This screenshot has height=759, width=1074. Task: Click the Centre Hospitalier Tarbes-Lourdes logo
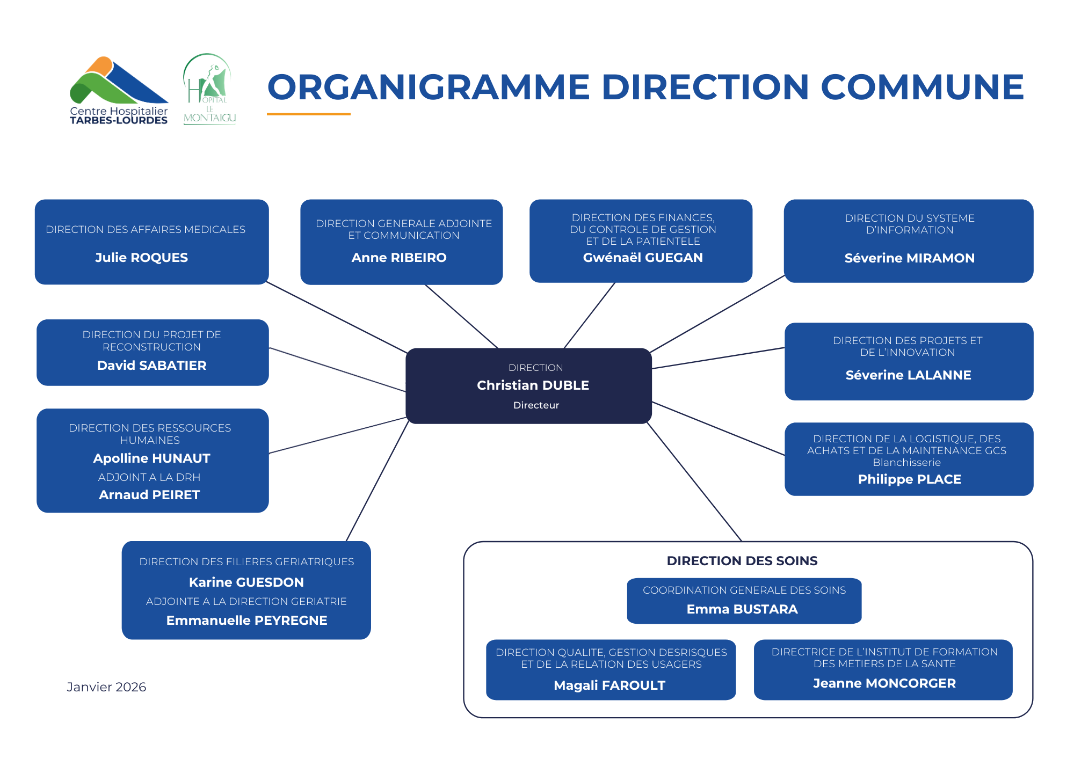119,90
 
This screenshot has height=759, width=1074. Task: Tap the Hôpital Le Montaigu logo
209,89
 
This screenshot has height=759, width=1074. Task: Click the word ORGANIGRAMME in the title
429,87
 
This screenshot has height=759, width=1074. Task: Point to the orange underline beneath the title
309,114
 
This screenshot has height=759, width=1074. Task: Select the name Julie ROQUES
142,258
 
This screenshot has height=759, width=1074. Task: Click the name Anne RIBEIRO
399,258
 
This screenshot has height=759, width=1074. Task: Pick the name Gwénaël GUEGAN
643,258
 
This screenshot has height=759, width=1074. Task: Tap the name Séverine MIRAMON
910,258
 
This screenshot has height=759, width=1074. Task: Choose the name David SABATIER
152,366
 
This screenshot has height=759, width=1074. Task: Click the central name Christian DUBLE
533,385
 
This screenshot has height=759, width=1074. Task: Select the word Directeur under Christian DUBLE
536,405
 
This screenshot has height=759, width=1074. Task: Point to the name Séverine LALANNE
909,375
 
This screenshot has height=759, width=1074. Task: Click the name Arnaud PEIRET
149,495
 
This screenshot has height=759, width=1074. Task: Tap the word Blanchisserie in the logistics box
907,463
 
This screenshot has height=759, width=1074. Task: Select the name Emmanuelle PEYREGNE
247,621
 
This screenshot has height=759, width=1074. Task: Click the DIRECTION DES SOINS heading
742,561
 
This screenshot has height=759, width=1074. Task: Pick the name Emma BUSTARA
742,609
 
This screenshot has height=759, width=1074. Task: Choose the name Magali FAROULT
609,685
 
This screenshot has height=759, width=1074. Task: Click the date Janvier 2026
106,687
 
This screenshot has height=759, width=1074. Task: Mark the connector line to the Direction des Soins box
694,482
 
